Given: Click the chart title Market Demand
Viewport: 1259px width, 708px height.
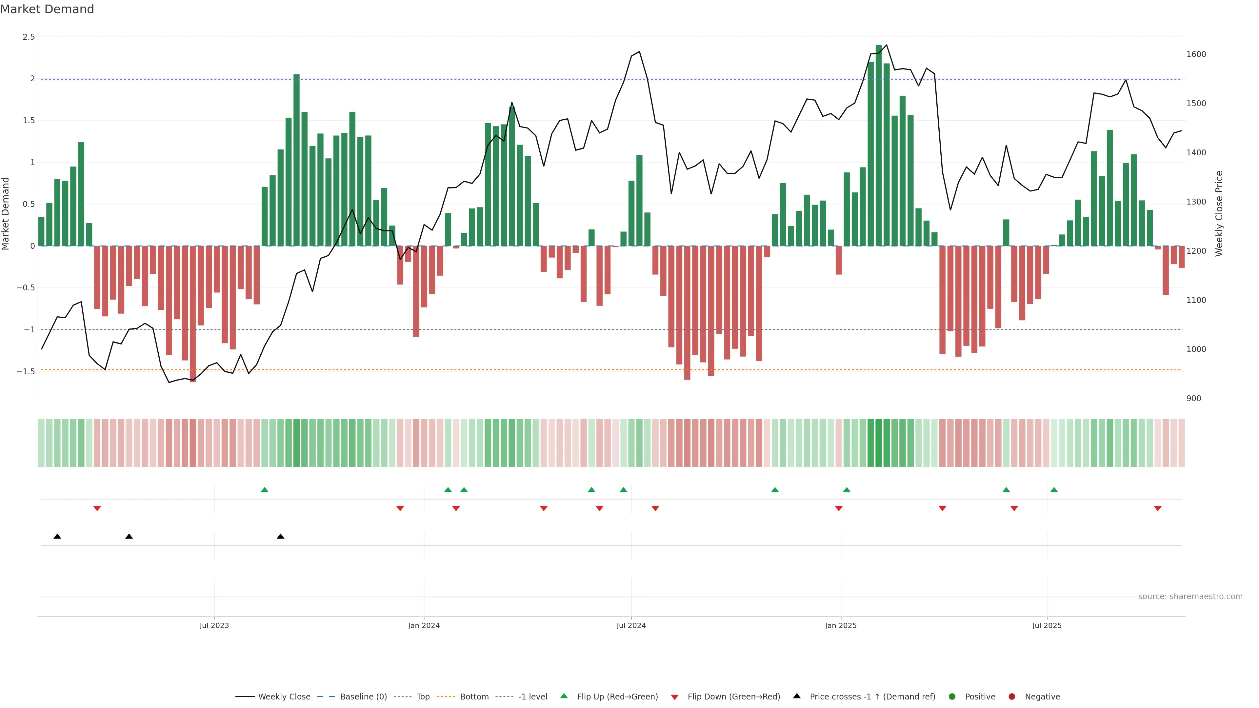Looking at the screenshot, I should click(x=47, y=9).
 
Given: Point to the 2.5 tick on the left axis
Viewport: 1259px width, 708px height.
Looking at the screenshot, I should click(x=29, y=37).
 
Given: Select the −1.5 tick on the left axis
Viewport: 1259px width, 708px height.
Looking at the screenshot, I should click(x=26, y=372).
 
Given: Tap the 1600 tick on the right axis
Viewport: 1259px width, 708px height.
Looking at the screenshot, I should click(x=1196, y=54).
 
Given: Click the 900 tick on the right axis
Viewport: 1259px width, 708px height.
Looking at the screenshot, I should click(x=1193, y=399).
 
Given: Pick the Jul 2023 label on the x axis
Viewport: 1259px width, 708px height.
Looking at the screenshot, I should click(x=214, y=625).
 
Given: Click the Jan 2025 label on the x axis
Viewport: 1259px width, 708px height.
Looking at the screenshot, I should click(x=841, y=625).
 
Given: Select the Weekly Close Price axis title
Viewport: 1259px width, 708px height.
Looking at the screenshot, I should click(x=1219, y=213).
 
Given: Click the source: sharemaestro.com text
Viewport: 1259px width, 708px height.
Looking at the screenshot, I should click(x=1190, y=597).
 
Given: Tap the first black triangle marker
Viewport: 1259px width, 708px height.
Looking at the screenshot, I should click(x=57, y=537).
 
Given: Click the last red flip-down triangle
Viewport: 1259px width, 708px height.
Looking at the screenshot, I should click(x=1158, y=509).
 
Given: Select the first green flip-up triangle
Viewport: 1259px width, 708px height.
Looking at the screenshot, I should click(x=264, y=490).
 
